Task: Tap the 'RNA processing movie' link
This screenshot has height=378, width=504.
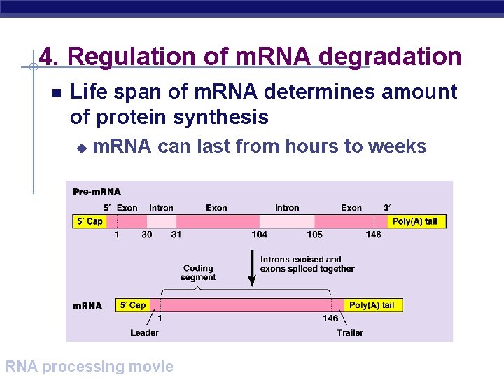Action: click(89, 366)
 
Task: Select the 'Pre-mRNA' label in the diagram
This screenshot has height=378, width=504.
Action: click(97, 191)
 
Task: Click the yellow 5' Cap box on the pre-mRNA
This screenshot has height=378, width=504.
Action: click(90, 221)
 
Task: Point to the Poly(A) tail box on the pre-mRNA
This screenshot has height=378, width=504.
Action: click(414, 221)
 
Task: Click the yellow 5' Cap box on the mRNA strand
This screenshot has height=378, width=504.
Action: click(132, 305)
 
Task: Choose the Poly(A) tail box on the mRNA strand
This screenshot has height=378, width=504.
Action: click(372, 305)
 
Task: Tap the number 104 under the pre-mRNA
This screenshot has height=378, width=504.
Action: click(260, 234)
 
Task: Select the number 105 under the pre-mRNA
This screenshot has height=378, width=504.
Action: click(314, 234)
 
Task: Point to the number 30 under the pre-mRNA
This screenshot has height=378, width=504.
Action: click(146, 234)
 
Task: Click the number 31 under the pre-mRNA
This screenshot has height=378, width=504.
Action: click(176, 234)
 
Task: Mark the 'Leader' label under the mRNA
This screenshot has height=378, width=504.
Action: click(144, 332)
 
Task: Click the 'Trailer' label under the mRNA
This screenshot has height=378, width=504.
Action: click(350, 332)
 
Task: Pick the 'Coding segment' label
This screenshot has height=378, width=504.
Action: click(198, 272)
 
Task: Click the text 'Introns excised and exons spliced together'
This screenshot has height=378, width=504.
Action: click(307, 264)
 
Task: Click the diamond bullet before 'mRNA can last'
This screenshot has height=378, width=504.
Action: click(80, 147)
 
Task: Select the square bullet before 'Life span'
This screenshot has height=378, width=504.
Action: click(57, 93)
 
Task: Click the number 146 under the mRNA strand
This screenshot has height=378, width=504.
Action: click(330, 318)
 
